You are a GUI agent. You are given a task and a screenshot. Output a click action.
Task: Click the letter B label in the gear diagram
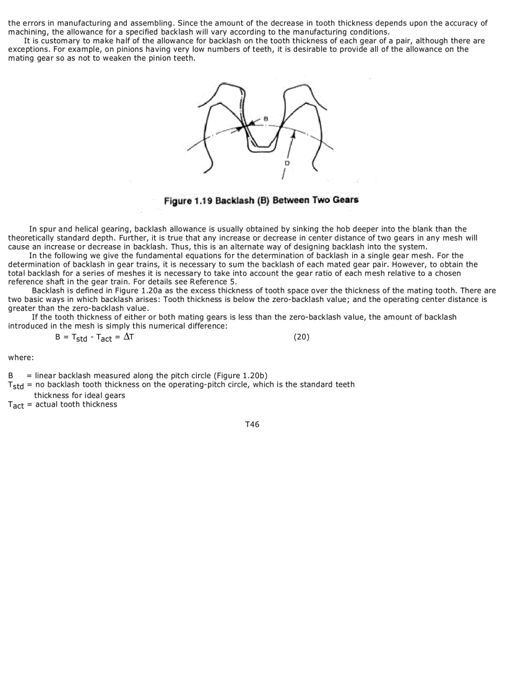click(x=265, y=118)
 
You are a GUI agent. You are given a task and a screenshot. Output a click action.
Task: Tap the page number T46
click(x=252, y=425)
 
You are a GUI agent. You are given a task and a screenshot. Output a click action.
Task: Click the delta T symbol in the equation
click(x=126, y=339)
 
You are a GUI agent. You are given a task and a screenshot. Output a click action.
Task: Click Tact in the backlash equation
click(x=105, y=339)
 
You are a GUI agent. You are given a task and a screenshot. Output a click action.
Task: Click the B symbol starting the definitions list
click(x=11, y=375)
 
